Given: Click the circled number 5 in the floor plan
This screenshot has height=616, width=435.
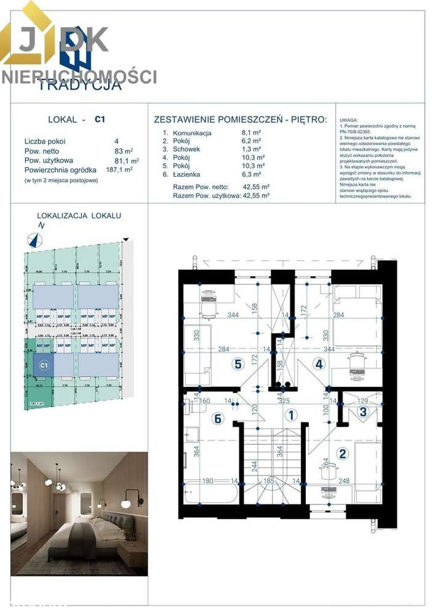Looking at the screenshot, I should [x=237, y=363].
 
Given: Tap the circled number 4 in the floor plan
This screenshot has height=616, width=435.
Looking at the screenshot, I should [x=319, y=363].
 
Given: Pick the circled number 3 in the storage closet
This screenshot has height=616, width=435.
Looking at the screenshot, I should [x=364, y=411].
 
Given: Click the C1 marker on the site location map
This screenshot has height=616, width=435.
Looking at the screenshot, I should [x=44, y=365].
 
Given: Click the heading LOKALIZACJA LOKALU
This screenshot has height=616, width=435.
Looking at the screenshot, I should [x=79, y=216].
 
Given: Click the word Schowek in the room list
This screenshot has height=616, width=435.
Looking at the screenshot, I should [x=186, y=149].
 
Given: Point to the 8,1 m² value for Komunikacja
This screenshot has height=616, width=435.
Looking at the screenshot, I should [x=252, y=132].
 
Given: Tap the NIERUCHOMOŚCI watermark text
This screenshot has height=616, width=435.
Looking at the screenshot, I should [x=79, y=77].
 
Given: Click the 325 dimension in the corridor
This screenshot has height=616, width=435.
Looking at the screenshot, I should [x=285, y=400].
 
